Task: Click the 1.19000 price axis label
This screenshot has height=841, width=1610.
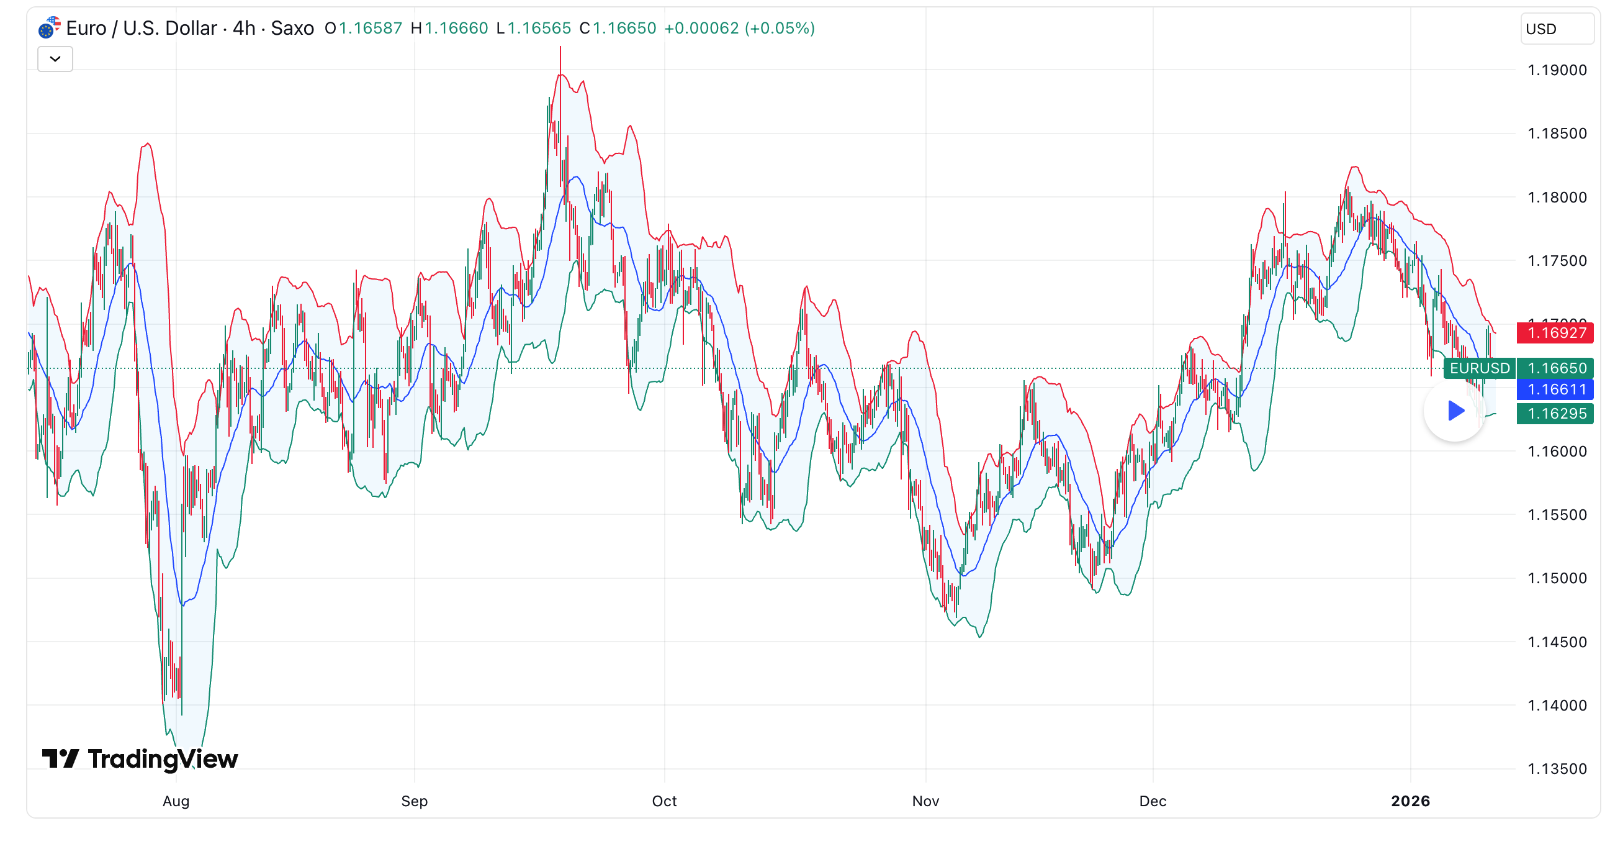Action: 1556,70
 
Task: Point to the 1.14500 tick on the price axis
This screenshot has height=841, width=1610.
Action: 1556,642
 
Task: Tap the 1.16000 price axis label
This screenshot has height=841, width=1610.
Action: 1556,452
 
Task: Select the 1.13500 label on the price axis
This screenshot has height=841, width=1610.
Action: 1556,769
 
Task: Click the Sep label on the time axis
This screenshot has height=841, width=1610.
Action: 414,801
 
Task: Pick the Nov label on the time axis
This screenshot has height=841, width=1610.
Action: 925,801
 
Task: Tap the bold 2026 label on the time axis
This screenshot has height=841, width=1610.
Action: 1410,801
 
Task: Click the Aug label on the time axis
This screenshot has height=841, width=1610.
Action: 176,801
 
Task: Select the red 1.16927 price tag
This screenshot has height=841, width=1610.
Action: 1555,333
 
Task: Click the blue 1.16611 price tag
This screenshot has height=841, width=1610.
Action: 1555,389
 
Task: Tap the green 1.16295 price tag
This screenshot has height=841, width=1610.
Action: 1555,413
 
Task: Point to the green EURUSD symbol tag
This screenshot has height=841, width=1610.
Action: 1480,368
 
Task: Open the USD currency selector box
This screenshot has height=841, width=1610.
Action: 1556,29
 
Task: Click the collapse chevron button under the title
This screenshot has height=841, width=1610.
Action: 55,60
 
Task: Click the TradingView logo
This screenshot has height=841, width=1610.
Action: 140,758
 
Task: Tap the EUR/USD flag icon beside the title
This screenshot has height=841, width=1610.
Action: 49,27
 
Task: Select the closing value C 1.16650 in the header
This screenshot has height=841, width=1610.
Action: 618,28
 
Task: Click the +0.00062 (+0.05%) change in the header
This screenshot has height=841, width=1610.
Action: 739,28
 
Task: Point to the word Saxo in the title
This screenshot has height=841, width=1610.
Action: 292,28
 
